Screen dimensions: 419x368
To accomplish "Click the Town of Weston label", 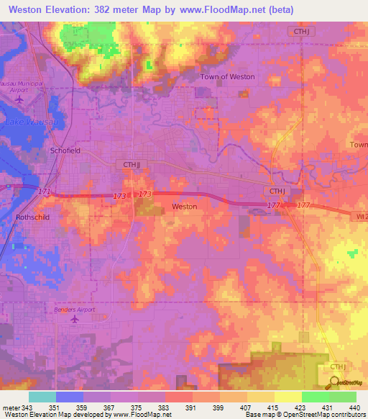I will pos(227,76).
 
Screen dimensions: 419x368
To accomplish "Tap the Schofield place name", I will pos(65,150).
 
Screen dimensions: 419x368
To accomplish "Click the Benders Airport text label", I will pos(75,310).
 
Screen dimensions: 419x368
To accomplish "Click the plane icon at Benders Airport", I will pos(74,319).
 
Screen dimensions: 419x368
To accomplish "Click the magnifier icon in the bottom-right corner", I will pos(334,383).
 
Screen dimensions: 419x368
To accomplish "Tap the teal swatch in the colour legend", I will pos(42,397).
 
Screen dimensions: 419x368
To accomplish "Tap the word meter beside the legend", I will pos(11,408).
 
